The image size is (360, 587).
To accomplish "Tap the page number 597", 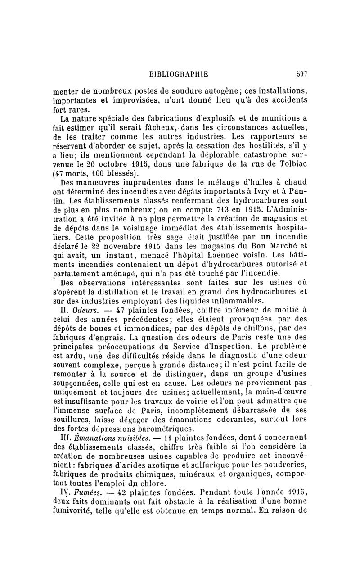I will [x=301, y=74].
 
